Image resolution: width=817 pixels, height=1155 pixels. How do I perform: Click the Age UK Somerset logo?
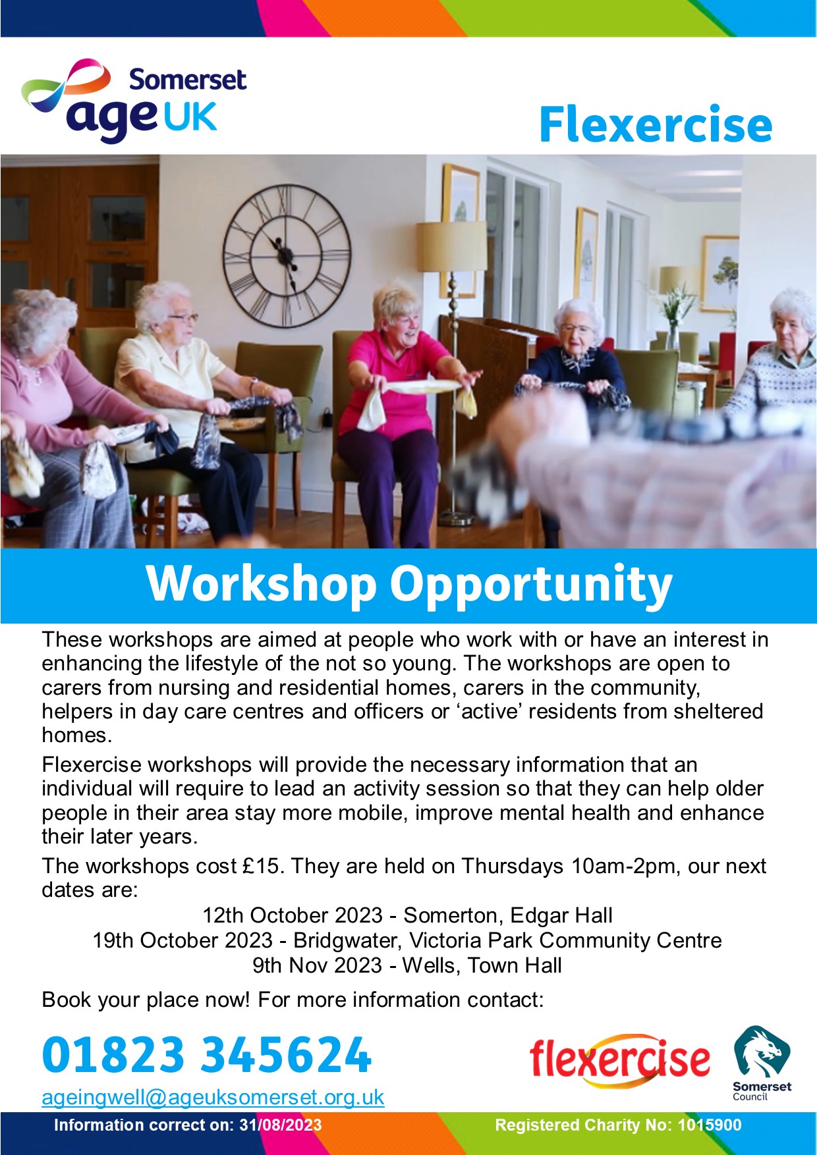pos(134,100)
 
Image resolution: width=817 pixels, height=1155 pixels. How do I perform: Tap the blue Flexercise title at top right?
pos(656,124)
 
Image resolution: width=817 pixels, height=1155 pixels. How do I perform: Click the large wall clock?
pos(287,255)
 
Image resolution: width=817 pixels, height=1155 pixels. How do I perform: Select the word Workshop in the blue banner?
pos(262,584)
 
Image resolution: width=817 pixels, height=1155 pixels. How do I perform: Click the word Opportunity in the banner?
pos(531,585)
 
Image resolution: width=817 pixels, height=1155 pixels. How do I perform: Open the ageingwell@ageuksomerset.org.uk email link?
pos(213,1098)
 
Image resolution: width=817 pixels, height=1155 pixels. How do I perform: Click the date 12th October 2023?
pos(293,915)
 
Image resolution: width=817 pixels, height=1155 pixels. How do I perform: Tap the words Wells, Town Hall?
pos(482,965)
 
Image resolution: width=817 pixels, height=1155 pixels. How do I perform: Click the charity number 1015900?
pos(710,1125)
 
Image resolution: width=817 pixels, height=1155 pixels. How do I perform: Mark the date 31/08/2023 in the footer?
pos(281,1125)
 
